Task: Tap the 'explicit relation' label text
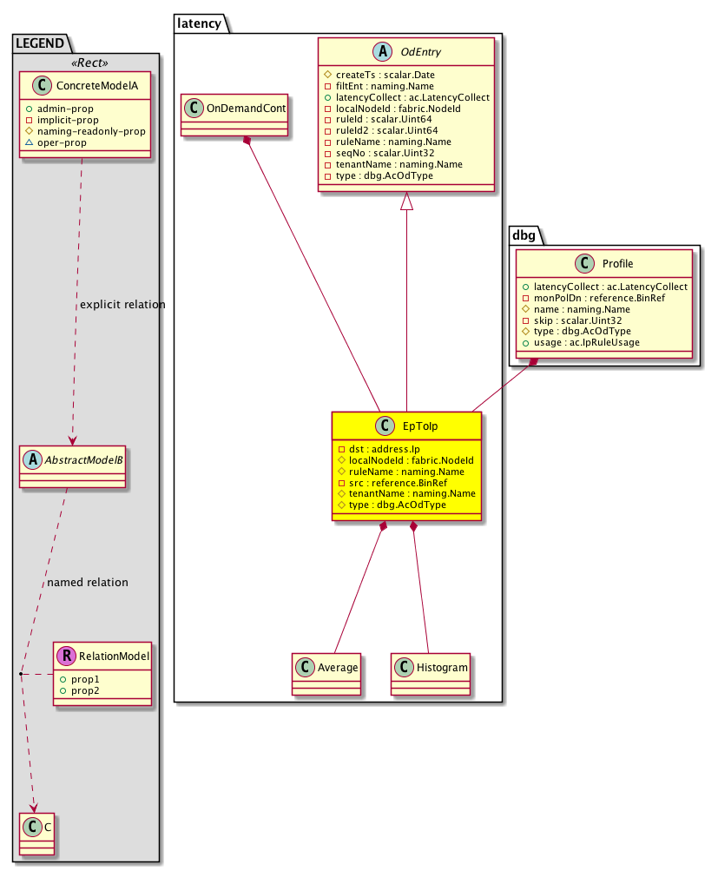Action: click(x=122, y=305)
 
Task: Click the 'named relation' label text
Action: click(x=89, y=582)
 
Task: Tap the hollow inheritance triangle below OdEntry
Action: click(x=406, y=201)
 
